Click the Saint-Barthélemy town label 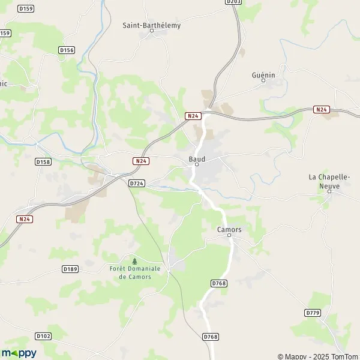coord(151,25)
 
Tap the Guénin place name coord(264,75)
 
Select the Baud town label coord(197,159)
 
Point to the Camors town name coord(229,230)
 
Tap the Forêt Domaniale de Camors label coord(135,272)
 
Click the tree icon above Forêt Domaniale coord(135,261)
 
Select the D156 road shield coord(67,50)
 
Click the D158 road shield coord(43,161)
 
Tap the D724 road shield coord(136,182)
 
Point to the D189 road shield coord(70,269)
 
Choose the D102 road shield coord(43,336)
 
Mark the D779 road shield coord(312,313)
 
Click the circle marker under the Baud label coord(196,165)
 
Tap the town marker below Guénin coord(263,81)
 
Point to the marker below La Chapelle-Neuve coord(329,191)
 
